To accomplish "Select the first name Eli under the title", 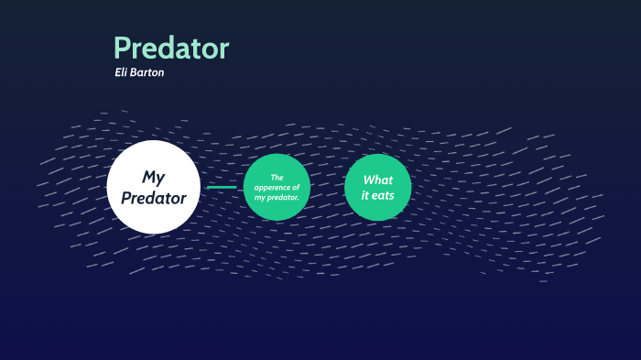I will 122,72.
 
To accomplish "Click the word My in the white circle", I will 153,177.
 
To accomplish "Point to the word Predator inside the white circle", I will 153,198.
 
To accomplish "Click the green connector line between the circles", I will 222,187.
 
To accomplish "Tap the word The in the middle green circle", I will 277,177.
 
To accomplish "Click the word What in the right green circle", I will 377,180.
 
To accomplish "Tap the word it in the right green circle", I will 364,196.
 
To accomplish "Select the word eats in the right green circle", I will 383,196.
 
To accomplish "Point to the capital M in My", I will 147,177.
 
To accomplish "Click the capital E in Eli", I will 117,72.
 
